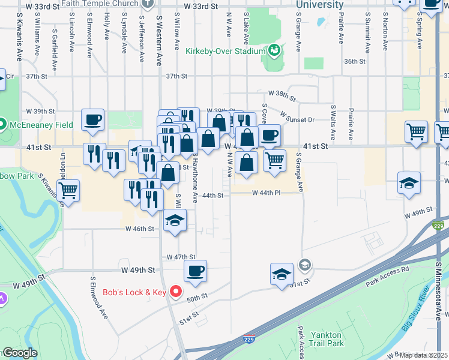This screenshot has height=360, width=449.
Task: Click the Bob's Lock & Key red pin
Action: [176, 292]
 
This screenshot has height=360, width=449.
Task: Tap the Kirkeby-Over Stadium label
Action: [225, 51]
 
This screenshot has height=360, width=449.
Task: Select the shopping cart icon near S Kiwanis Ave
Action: [68, 191]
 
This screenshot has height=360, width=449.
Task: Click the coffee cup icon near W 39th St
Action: [92, 119]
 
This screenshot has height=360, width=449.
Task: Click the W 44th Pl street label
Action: [267, 193]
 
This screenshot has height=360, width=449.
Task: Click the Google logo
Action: [20, 353]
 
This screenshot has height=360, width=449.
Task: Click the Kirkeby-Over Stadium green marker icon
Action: [274, 50]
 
